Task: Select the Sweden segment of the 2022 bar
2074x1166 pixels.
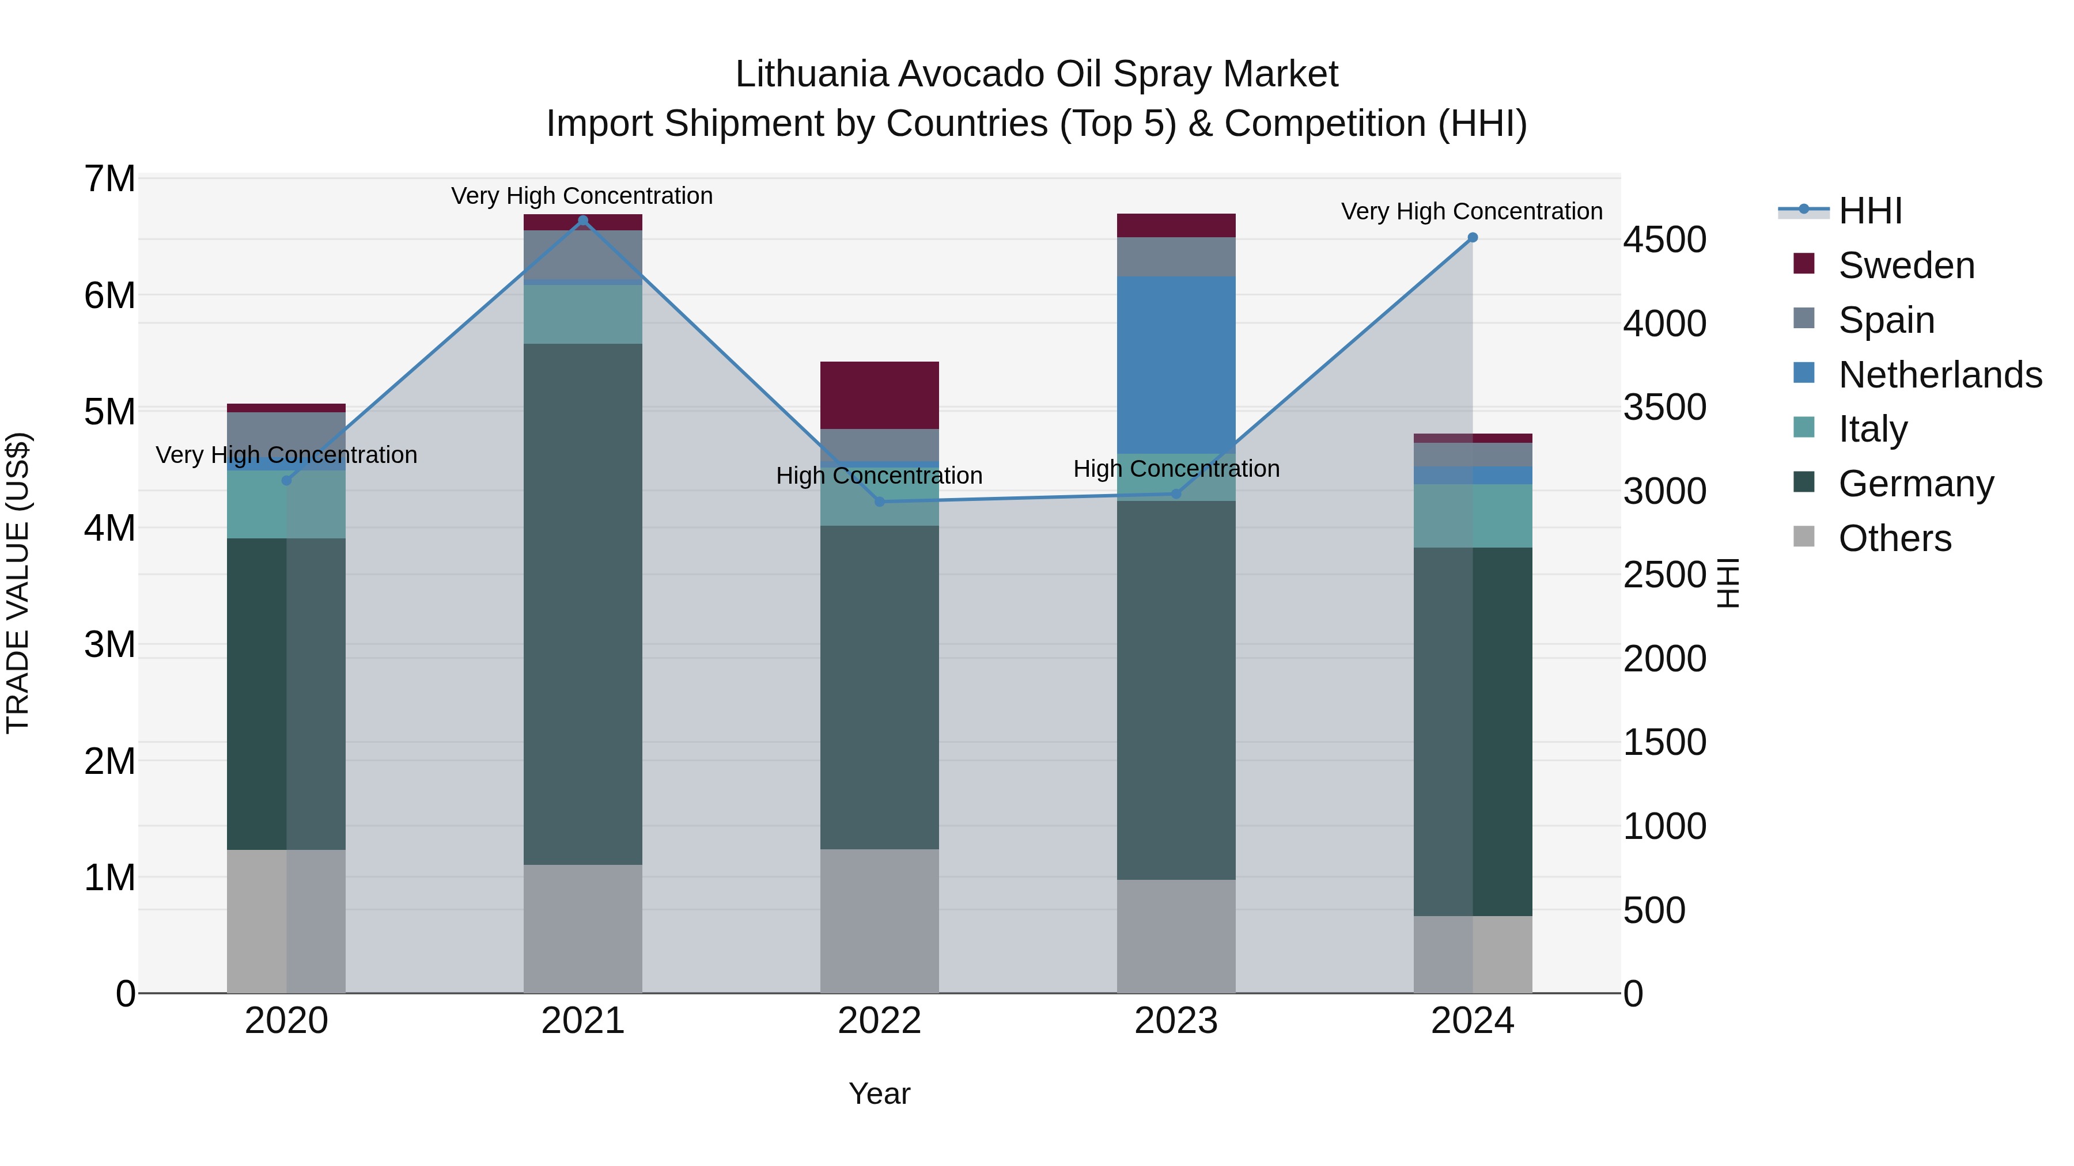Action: (x=879, y=395)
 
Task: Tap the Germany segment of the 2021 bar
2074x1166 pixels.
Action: (x=583, y=603)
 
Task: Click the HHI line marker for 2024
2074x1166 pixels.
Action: (x=1473, y=237)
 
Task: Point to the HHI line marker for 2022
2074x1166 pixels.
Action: (x=879, y=502)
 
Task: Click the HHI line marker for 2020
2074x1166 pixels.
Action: (x=287, y=480)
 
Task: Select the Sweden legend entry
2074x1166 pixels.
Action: (x=1906, y=265)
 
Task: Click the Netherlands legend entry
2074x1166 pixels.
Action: (x=1940, y=375)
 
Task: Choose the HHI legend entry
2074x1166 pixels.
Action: (x=1869, y=211)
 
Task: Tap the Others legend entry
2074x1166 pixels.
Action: (x=1894, y=538)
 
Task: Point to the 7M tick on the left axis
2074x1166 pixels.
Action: (x=110, y=178)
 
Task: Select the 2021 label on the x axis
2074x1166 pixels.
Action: (x=583, y=1021)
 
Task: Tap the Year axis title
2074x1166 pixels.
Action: (x=879, y=1093)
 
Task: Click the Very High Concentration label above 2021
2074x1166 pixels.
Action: (x=581, y=196)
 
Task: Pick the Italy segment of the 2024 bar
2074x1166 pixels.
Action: (x=1473, y=516)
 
